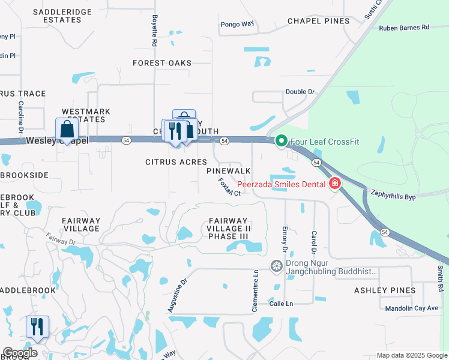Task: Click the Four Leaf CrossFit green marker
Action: coord(281,142)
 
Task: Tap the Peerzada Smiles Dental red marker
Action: coord(334,184)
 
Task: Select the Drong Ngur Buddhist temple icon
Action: coord(277,266)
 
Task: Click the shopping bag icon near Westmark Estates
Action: coord(67,129)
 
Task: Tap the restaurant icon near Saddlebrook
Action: coord(37,327)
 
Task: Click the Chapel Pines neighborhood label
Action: coord(318,21)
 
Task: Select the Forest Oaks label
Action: coord(162,63)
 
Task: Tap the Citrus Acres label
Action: coord(176,162)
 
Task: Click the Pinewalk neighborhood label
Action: coord(228,172)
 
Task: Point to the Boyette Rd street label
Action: coord(154,31)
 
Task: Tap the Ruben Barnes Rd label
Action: coord(404,28)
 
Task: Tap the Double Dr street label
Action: coord(300,92)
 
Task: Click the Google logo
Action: coord(20,353)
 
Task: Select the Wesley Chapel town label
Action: coord(57,140)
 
